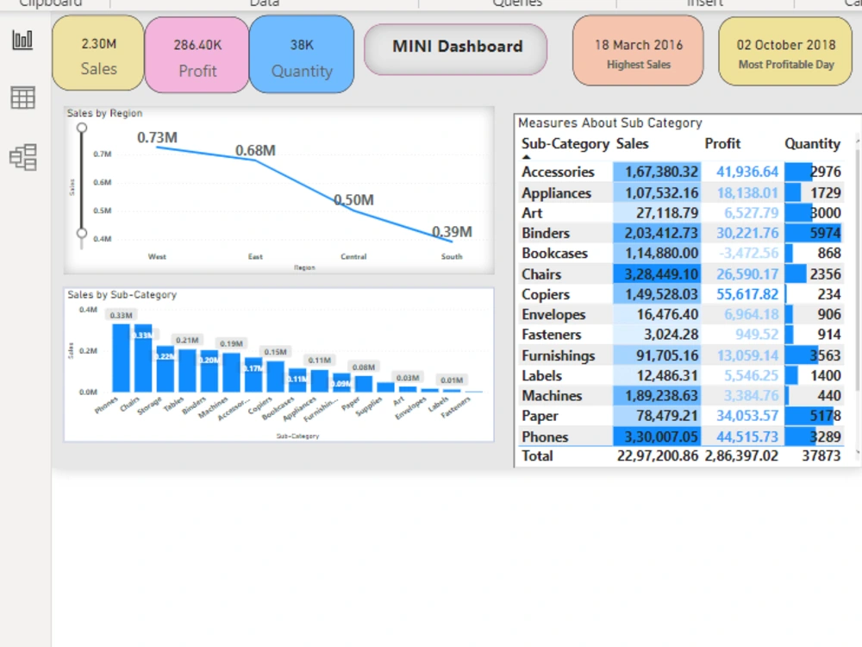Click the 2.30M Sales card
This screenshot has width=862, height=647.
[98, 54]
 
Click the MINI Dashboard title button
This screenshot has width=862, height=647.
[457, 47]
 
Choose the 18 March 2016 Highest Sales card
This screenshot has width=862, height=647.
[638, 52]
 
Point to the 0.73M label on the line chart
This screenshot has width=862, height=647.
[157, 137]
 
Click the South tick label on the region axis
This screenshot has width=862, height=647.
[452, 256]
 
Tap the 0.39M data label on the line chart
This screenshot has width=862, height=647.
[452, 231]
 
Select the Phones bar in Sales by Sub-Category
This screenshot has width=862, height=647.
[121, 357]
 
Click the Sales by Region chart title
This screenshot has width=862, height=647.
[104, 113]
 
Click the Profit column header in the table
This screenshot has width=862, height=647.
[722, 144]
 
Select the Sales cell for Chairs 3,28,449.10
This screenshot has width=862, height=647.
[656, 274]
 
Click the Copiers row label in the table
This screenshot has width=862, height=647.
[546, 295]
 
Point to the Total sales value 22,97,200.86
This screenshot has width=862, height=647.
[658, 455]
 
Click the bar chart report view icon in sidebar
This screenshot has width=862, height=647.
[22, 40]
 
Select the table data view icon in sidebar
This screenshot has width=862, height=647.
[22, 98]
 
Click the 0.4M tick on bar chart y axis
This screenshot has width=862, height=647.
[87, 309]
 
